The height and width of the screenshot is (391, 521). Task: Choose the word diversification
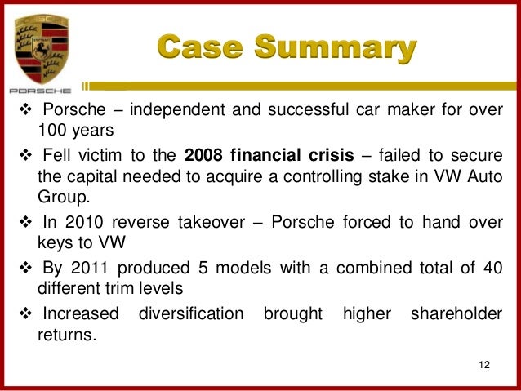[x=191, y=313]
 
